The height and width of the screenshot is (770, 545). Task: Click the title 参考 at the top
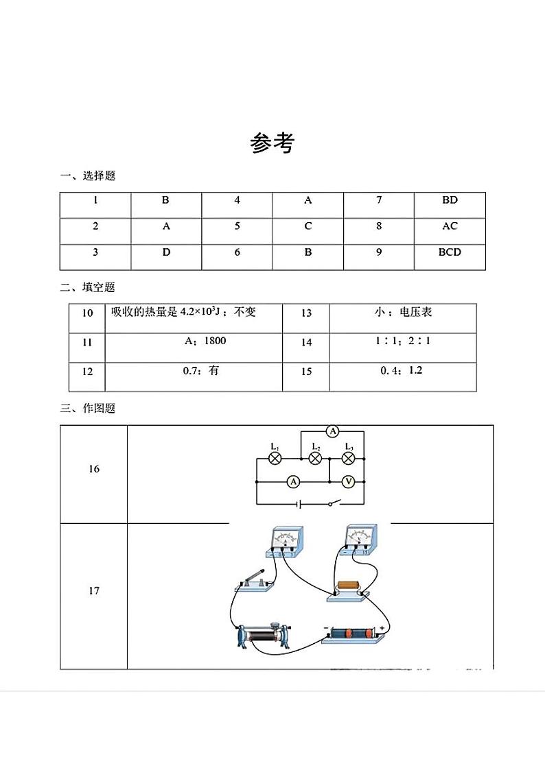(x=272, y=143)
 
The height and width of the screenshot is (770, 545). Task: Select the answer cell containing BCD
(x=450, y=252)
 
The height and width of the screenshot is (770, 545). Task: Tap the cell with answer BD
(x=450, y=200)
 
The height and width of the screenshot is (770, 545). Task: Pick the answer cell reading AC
(x=450, y=226)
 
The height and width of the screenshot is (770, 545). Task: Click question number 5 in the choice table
(x=237, y=226)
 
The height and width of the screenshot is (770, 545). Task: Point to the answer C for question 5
(x=308, y=226)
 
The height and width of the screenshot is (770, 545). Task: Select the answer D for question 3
(x=166, y=252)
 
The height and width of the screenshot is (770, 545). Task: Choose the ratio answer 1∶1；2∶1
(x=404, y=341)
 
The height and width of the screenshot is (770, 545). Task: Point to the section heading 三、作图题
(x=88, y=409)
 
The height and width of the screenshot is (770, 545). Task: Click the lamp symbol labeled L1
(x=275, y=459)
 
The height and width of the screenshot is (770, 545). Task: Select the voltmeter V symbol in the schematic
(x=348, y=482)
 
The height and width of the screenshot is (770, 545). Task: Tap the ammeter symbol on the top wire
(x=333, y=431)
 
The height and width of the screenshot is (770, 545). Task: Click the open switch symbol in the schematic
(x=332, y=505)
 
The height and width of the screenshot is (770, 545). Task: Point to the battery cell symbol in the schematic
(x=299, y=505)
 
